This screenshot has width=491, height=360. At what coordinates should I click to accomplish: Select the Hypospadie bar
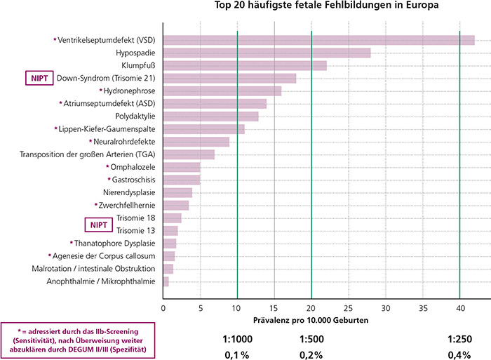[267, 53]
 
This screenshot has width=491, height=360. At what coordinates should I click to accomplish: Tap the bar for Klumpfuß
[245, 65]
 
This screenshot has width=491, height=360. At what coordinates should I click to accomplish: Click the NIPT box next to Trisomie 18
[97, 225]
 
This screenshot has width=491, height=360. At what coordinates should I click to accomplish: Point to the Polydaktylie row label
[135, 116]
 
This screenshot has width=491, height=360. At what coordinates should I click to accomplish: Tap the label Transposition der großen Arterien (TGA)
[88, 154]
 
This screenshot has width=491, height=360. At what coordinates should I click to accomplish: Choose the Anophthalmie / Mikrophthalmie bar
[166, 281]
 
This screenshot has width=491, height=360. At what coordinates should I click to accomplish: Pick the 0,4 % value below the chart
[460, 354]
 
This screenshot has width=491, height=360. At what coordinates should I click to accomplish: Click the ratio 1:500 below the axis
[311, 339]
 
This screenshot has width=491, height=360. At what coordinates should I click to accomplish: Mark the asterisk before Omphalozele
[107, 167]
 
